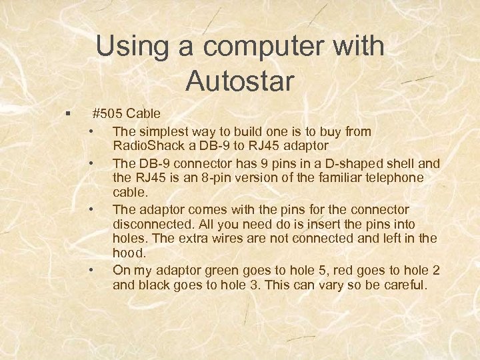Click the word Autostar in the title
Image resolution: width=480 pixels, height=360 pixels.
(240, 81)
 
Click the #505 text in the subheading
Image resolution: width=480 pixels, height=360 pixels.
(107, 113)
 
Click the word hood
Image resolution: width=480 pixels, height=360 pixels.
(128, 254)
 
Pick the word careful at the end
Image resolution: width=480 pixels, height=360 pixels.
(403, 285)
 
